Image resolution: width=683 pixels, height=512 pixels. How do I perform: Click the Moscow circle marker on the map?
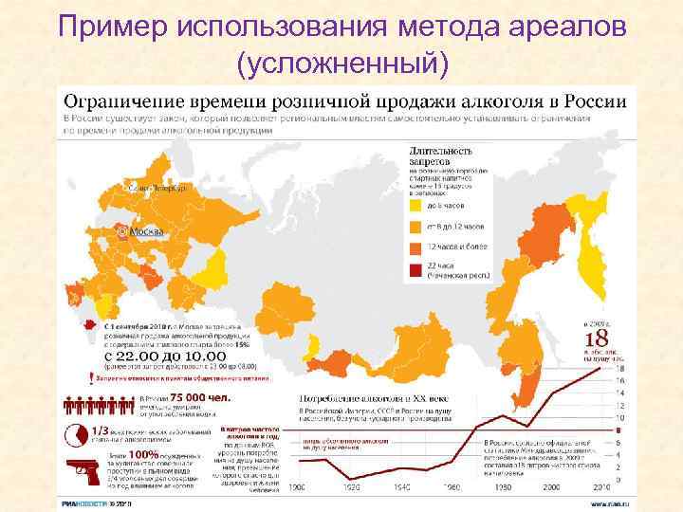pos(121,230)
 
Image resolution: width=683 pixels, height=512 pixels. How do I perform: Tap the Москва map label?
pos(146,231)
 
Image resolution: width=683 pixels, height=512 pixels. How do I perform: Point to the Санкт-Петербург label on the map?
pos(157,188)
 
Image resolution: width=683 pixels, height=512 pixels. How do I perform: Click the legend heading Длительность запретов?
pos(440,155)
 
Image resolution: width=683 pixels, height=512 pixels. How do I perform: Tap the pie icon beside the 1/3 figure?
pos(77,435)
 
